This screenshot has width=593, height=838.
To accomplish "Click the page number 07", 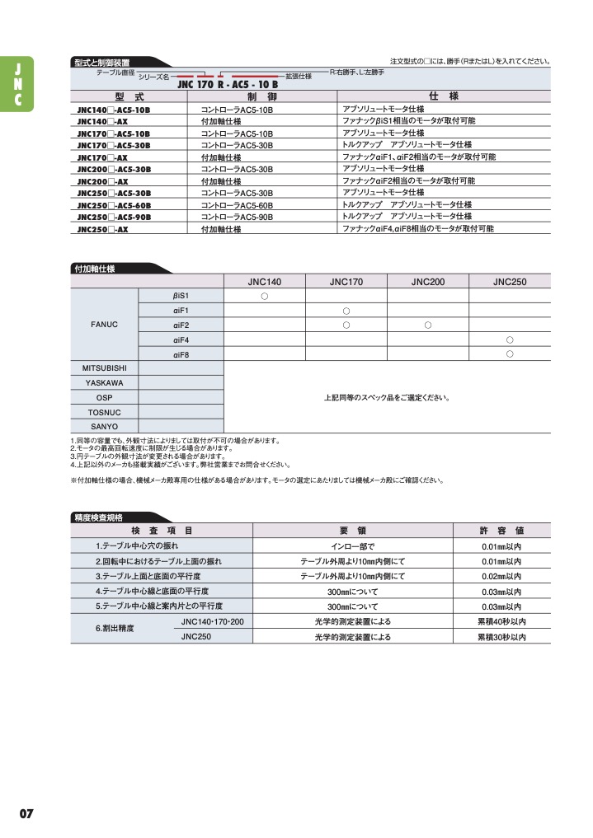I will [x=26, y=813].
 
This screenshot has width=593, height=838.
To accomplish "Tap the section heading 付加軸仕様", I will [x=95, y=269].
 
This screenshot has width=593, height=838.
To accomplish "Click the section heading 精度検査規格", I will [x=98, y=517].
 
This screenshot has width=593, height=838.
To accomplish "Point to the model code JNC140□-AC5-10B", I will [x=114, y=109].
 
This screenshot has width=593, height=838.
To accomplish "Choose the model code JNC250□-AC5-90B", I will [x=114, y=217].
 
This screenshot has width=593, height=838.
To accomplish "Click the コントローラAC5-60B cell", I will [x=237, y=205].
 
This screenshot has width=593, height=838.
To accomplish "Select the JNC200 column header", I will [x=428, y=282].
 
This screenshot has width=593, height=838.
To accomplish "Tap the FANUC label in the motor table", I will [x=104, y=324].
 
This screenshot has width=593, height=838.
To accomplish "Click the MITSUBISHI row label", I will [x=104, y=368].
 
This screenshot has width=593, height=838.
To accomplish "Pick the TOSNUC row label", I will [x=104, y=411].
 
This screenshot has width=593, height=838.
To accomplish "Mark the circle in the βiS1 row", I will [x=265, y=295].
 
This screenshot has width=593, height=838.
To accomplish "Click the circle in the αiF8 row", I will [x=510, y=353].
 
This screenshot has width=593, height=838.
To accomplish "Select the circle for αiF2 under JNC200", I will [x=428, y=325].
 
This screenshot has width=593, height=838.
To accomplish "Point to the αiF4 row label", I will [x=181, y=339].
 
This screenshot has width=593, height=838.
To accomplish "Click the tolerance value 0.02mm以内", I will [x=501, y=576].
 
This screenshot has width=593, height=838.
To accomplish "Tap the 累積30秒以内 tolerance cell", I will [x=501, y=637].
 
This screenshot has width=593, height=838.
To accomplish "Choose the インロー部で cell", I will [x=352, y=546].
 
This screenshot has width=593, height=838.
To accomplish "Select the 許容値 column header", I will [x=501, y=531].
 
